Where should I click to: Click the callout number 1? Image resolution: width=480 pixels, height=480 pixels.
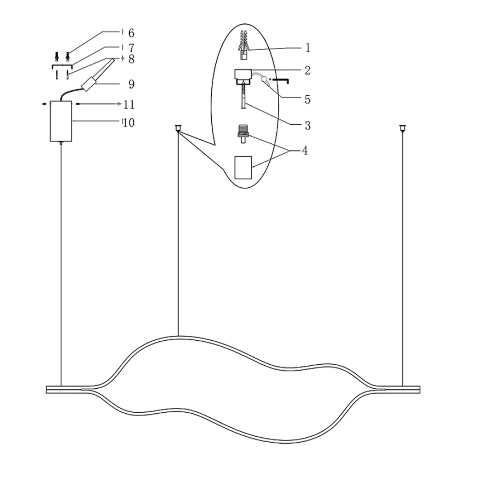(x=308, y=47)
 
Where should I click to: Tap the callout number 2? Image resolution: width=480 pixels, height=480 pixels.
(x=307, y=70)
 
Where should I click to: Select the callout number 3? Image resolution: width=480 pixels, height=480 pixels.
(x=307, y=125)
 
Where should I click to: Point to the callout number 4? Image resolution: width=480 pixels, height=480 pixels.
(x=305, y=150)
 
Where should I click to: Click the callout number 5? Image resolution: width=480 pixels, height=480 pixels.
(x=307, y=100)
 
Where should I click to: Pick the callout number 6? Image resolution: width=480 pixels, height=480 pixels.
(x=131, y=33)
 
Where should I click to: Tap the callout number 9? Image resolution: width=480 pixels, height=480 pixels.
(x=131, y=84)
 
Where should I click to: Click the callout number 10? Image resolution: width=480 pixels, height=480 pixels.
(x=129, y=123)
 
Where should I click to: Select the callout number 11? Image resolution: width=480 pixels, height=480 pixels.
(x=129, y=105)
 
